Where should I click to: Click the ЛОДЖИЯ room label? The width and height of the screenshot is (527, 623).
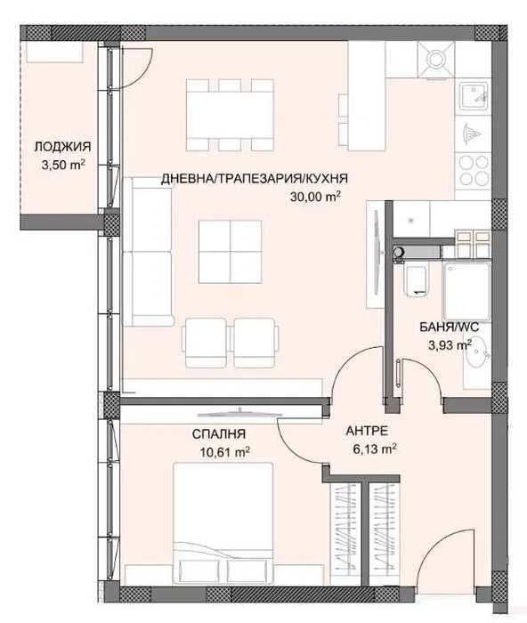click(x=62, y=148)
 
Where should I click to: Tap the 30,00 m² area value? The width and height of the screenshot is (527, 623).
click(x=316, y=198)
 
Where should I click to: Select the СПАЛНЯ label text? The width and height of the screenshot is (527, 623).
click(x=219, y=434)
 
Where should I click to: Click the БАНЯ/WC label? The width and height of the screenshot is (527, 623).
click(x=450, y=328)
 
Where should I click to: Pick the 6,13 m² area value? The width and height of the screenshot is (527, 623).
click(x=372, y=449)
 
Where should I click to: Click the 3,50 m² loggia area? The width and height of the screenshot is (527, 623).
click(x=62, y=165)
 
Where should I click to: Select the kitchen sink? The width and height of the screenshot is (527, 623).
click(x=472, y=93)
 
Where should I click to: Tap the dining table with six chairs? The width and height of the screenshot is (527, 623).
click(x=230, y=115)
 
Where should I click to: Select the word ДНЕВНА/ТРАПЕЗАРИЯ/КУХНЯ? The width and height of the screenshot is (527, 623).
click(x=255, y=178)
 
